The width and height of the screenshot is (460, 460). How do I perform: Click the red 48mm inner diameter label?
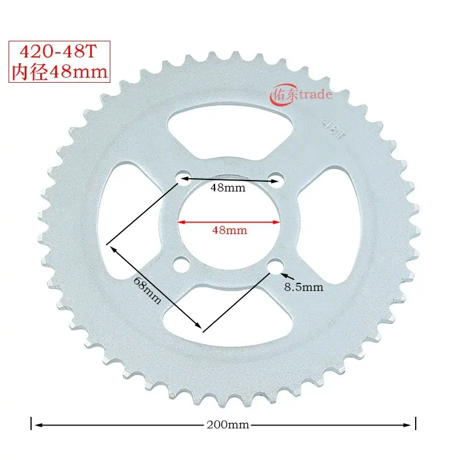pos(229,231)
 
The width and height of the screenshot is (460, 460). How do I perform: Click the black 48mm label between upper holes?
pos(228,187)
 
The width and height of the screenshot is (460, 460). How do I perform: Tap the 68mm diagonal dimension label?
pos(147,290)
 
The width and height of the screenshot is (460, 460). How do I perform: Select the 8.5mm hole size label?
pos(304,287)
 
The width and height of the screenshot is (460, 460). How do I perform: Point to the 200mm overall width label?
pos(228,424)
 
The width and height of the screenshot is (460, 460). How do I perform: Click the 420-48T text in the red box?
pos(58,51)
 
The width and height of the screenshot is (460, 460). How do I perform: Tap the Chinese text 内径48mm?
pos(59,71)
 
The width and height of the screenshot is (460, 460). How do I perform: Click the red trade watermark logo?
pos(301,94)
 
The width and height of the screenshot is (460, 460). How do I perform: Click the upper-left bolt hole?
pos(183,178)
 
